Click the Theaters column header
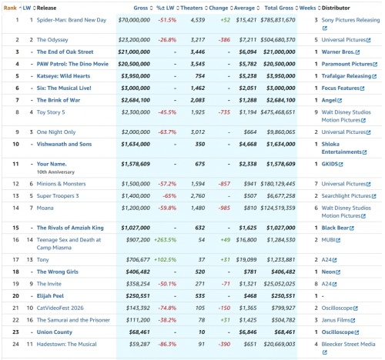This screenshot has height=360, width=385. (192, 8)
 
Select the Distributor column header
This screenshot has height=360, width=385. (336, 8)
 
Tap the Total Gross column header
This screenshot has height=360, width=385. (279, 8)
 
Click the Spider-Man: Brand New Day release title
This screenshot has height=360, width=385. (72, 20)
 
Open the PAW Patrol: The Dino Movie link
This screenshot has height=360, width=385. (72, 64)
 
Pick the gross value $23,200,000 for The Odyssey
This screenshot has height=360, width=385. (134, 40)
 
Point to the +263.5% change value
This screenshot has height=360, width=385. (165, 240)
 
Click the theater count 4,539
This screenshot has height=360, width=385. (198, 20)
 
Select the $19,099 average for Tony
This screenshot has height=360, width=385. (246, 260)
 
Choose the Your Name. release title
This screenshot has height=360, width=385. (52, 164)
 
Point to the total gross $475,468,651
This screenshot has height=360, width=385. (278, 112)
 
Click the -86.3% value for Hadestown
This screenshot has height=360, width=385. (167, 344)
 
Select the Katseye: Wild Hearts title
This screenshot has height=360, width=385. (63, 76)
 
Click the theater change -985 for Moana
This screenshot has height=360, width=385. (224, 208)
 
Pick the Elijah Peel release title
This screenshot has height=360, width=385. (50, 296)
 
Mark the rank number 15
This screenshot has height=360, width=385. (16, 228)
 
